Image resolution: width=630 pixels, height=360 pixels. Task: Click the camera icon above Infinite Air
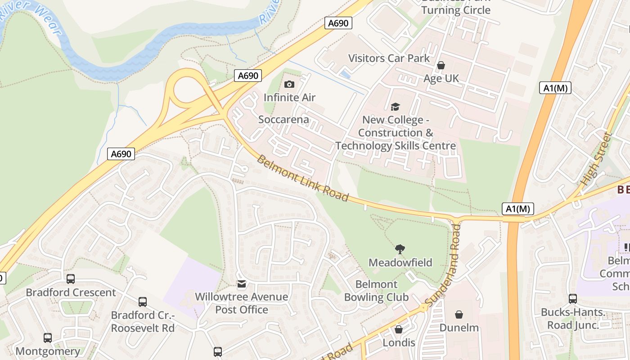tap(289, 84)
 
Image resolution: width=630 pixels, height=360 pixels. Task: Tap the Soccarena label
tap(283, 120)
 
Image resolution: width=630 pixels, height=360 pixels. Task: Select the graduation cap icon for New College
tap(395, 107)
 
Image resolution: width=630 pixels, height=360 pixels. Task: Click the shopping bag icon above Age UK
tap(441, 66)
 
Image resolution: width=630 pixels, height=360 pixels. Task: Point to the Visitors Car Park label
tap(389, 58)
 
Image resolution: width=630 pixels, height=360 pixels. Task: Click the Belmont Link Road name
tap(302, 178)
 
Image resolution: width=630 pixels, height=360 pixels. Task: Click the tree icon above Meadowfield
tap(400, 249)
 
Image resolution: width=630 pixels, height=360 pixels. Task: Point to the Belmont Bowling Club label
tap(376, 291)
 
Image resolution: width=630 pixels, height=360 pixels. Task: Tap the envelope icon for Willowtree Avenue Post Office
tap(242, 283)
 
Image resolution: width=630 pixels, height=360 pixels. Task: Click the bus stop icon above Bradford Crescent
tap(71, 279)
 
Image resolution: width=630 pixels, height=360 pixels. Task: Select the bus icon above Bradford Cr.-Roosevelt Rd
tap(143, 302)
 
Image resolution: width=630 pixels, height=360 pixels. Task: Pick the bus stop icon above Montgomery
tap(48, 337)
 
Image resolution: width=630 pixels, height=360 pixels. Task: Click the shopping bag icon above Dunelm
tap(459, 314)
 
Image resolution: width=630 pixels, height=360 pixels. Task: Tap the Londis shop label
tap(399, 343)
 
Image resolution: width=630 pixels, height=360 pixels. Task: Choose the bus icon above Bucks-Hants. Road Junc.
tap(573, 298)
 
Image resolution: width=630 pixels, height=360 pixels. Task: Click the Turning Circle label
tap(455, 10)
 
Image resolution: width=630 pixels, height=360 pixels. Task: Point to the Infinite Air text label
tap(289, 98)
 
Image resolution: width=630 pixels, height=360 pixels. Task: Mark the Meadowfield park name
tap(400, 262)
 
